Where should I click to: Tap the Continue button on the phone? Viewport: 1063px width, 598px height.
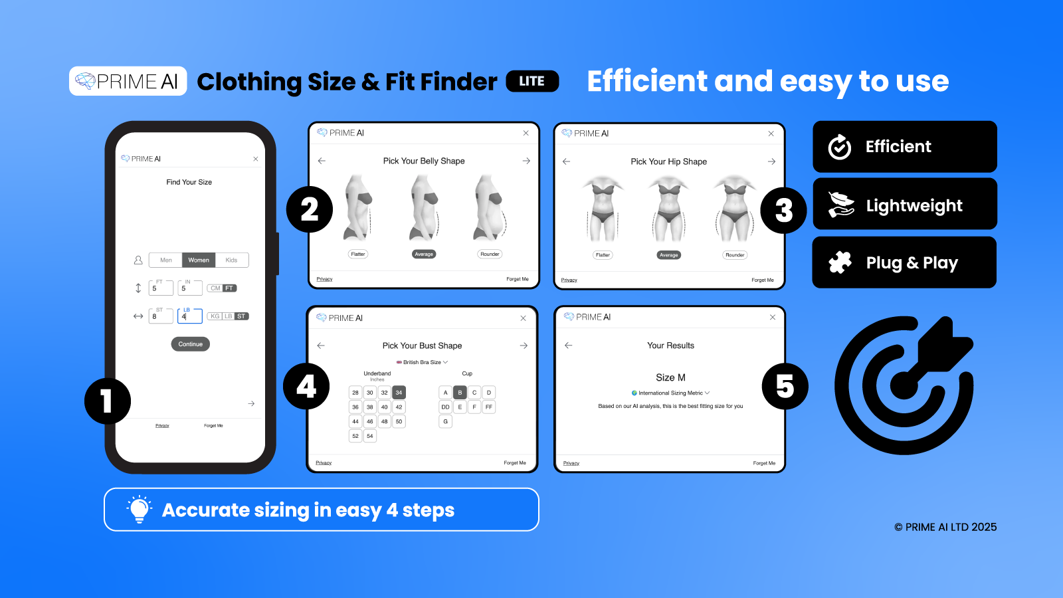tap(191, 344)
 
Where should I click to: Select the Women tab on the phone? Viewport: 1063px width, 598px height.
tap(199, 260)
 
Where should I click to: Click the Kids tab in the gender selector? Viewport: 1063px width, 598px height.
tap(231, 260)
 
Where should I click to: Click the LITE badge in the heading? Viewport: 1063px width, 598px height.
tap(532, 81)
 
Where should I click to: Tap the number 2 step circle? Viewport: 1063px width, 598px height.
tap(309, 210)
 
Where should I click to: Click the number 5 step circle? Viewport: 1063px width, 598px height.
tap(785, 387)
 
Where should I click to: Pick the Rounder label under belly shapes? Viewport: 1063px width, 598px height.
tap(490, 254)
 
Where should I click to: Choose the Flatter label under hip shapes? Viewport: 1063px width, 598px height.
tap(603, 255)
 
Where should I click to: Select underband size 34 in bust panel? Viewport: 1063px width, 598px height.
tap(399, 393)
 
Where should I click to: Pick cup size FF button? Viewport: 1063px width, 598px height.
tap(489, 407)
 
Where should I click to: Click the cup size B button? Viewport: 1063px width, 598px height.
tap(460, 393)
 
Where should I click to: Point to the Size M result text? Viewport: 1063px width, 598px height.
tap(670, 377)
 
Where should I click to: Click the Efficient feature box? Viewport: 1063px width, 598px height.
tap(904, 147)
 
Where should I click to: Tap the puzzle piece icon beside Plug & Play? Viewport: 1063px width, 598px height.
tap(840, 262)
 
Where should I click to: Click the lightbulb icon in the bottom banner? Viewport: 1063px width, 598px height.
tap(139, 510)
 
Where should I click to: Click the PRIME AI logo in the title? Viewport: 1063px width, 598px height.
tap(128, 81)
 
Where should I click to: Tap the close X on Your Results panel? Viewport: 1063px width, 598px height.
tap(773, 318)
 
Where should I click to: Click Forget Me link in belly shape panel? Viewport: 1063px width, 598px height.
tap(517, 279)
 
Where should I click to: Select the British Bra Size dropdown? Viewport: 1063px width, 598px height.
tap(423, 362)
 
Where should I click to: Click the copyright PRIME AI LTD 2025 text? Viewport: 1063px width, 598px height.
tap(945, 527)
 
